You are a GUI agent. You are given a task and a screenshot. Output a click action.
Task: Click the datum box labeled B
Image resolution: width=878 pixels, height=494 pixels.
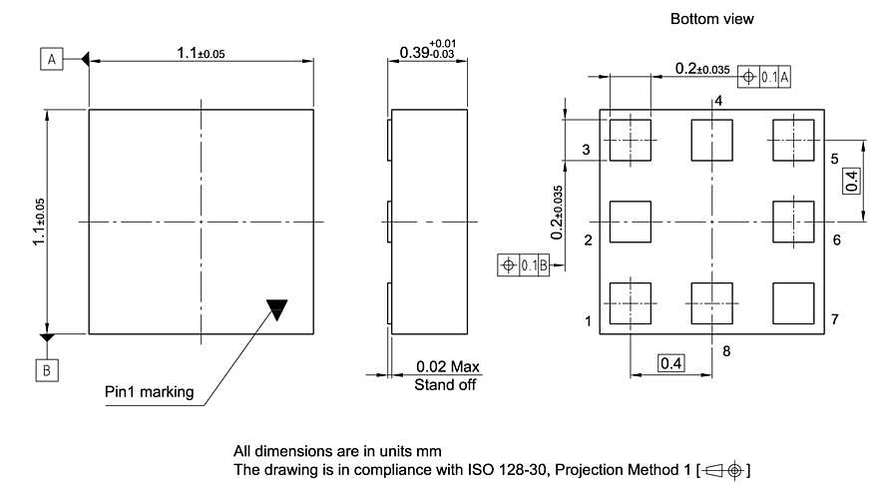coord(48,369)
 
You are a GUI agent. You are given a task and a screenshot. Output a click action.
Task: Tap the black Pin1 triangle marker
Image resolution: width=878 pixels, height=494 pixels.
coord(276,309)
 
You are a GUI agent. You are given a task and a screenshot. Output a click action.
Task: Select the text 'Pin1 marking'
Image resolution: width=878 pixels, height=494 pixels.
coord(150,391)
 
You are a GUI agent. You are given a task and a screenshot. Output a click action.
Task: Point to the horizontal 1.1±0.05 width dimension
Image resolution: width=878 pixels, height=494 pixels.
coord(201,53)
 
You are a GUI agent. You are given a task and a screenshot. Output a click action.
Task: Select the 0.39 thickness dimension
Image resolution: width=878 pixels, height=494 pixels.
coord(426,51)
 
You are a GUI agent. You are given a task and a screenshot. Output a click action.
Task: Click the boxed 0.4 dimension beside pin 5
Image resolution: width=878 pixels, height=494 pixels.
coord(851,181)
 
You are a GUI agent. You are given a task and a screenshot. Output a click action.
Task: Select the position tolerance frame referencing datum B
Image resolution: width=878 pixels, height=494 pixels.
coord(522,264)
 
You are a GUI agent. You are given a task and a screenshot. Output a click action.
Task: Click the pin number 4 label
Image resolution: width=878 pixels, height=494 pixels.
coord(717,101)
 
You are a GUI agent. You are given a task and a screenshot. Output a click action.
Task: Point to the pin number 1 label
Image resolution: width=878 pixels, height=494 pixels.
coord(588,320)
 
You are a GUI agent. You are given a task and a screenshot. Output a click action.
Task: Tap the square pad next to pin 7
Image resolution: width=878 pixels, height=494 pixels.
coord(793,301)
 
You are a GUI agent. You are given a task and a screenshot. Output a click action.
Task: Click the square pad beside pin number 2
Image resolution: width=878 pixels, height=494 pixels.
coord(629,222)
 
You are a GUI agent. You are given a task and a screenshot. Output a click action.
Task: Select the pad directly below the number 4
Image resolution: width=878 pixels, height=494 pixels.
coord(711,140)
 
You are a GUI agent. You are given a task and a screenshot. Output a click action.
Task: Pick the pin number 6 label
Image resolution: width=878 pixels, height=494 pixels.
coord(836,241)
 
